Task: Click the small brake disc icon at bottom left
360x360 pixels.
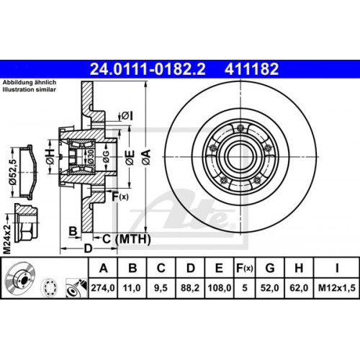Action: (x=21, y=282)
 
